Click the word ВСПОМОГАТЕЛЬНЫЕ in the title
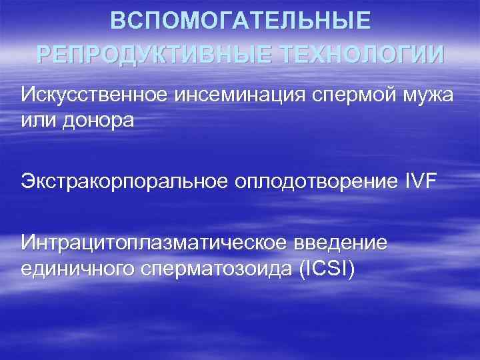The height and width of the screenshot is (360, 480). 240,21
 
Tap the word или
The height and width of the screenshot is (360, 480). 37,121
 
